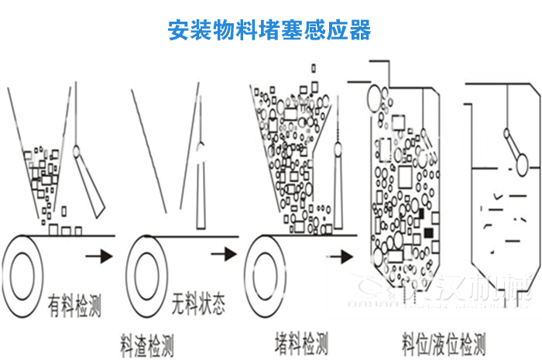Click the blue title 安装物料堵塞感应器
(x=269, y=30)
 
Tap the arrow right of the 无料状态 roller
(x=224, y=253)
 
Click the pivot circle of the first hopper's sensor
(x=77, y=152)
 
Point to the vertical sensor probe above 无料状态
(x=200, y=186)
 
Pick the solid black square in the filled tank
(x=428, y=232)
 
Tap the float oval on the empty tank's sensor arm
(x=520, y=163)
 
